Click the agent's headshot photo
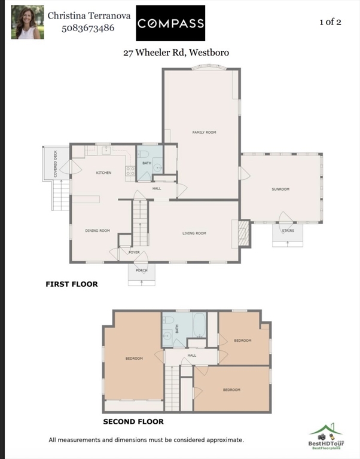[x=28, y=23]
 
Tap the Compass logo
[x=170, y=23]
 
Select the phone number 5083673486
[x=88, y=27]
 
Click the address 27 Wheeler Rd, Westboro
[x=176, y=53]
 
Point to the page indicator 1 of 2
[x=330, y=22]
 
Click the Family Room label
[x=204, y=132]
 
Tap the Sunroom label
[x=280, y=189]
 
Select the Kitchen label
[x=104, y=173]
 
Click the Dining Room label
[x=97, y=230]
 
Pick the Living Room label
[x=194, y=233]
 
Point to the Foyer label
[x=134, y=252]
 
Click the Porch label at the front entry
[x=141, y=270]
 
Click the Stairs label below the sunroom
[x=288, y=230]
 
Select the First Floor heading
[x=72, y=284]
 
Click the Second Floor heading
[x=133, y=421]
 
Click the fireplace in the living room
[x=243, y=233]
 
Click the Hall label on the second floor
[x=191, y=355]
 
